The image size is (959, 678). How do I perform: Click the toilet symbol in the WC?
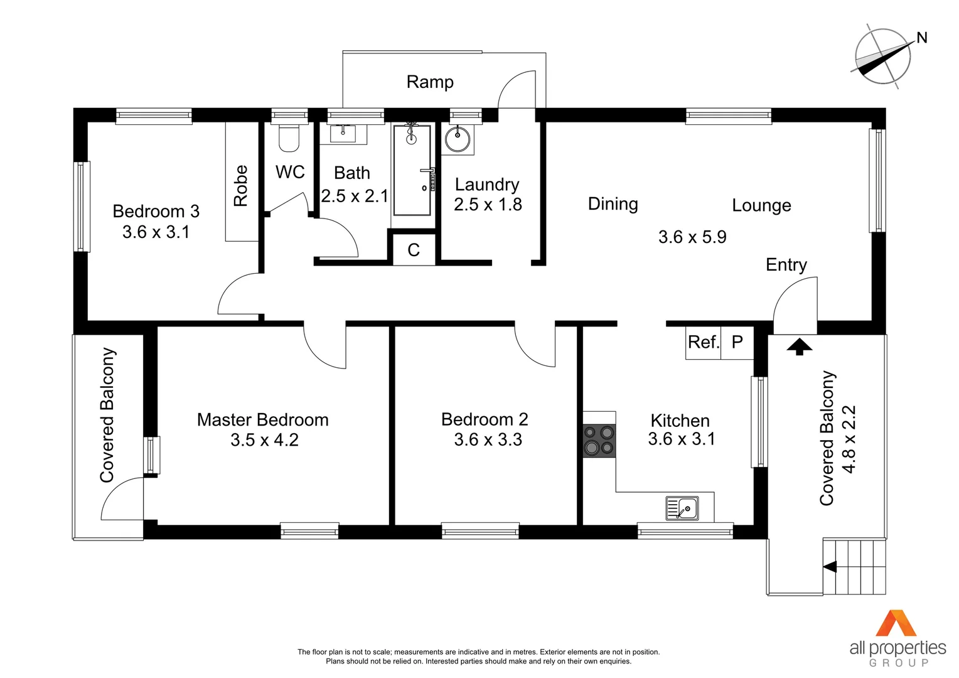[x=289, y=139]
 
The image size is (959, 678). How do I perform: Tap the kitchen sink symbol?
[x=682, y=508]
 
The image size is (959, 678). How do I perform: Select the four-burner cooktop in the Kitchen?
[x=599, y=440]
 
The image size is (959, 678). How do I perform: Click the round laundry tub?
[x=458, y=139]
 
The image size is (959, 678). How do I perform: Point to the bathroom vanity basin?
[x=343, y=134]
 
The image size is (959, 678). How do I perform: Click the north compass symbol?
[x=883, y=57]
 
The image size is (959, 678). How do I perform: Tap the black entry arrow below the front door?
[x=799, y=346]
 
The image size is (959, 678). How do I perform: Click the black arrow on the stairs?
[x=830, y=567]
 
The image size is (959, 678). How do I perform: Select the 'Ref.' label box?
[x=703, y=343]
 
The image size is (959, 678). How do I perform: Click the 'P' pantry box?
[x=737, y=343]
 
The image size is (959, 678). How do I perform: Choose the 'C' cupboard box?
[x=414, y=250]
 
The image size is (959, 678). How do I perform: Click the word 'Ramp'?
[x=430, y=82]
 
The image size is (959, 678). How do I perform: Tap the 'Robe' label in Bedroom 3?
[x=241, y=186]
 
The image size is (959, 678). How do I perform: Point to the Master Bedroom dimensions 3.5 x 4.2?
[x=264, y=440]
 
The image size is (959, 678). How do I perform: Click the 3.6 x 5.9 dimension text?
[x=692, y=237]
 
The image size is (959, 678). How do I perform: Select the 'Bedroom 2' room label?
[x=485, y=419]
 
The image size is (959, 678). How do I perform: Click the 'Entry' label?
[x=786, y=265]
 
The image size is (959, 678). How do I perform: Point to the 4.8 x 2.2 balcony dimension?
[x=849, y=439]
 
